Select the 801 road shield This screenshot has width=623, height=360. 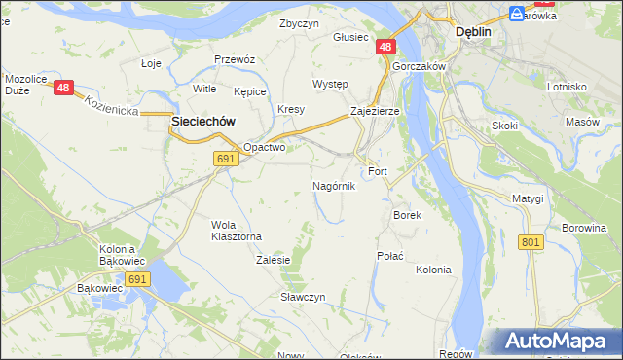tap(531, 242)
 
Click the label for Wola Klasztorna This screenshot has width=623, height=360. tap(237, 230)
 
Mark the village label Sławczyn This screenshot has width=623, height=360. tap(303, 296)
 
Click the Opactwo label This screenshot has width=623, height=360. tap(264, 148)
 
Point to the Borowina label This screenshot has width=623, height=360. tap(583, 228)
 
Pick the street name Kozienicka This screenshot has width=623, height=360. tap(109, 106)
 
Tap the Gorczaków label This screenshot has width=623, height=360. tap(420, 66)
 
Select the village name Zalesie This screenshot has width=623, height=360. tap(274, 260)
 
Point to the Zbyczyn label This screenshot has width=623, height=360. tap(300, 23)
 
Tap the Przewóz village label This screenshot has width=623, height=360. tap(235, 59)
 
